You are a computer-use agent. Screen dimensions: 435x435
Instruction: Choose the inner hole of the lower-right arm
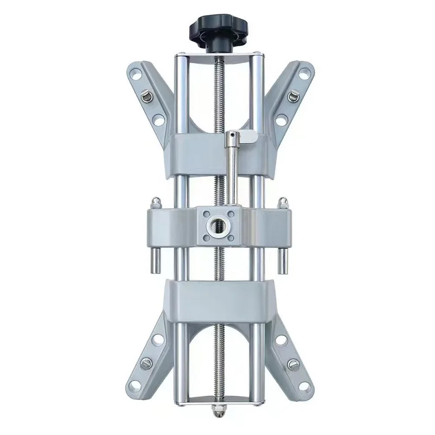point(282,341)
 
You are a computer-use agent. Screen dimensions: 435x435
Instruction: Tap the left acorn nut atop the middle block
point(156,203)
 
